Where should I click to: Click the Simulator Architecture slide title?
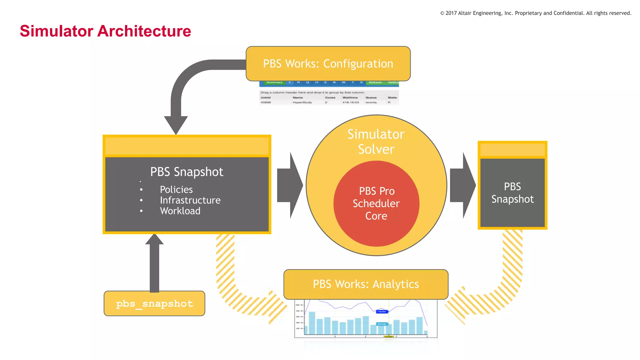tap(105, 31)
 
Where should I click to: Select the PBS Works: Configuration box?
tap(328, 63)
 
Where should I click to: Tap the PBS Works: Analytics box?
tap(366, 284)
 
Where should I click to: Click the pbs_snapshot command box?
tap(154, 303)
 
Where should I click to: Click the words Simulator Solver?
tap(376, 142)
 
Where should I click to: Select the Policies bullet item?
tap(176, 189)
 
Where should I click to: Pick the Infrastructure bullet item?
tap(190, 200)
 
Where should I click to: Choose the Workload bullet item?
tap(180, 211)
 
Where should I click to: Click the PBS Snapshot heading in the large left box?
tap(187, 172)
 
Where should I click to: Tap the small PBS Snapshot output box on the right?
tap(512, 192)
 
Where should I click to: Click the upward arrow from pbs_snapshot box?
tap(154, 262)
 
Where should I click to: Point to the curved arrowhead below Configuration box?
tap(176, 124)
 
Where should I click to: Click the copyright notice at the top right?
tap(536, 13)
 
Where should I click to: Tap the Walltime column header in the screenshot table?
tap(350, 97)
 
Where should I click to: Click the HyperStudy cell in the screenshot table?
tap(302, 102)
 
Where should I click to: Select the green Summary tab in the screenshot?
tap(274, 82)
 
